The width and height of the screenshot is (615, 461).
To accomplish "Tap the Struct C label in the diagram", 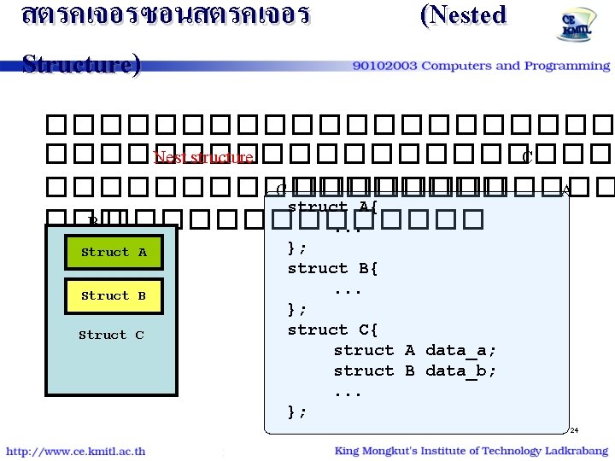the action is [111, 336].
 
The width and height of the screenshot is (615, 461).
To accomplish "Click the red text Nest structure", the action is [203, 158].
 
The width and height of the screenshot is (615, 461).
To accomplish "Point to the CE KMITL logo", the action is [571, 28].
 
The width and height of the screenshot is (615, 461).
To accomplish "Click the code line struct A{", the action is [333, 207].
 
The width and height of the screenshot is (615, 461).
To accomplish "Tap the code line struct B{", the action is [333, 268].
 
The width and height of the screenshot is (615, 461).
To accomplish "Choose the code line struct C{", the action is [333, 330].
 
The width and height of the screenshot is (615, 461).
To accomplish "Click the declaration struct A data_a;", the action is [415, 350].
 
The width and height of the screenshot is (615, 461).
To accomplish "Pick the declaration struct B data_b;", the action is [415, 371].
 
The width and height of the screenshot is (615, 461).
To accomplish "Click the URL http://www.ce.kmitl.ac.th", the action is [76, 451].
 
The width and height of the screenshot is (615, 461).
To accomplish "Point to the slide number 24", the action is [575, 429].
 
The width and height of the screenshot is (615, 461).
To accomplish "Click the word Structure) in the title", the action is [80, 64].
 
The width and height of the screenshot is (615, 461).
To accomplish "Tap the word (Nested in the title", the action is [463, 15].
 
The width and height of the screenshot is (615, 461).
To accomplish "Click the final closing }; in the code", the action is [297, 411].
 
